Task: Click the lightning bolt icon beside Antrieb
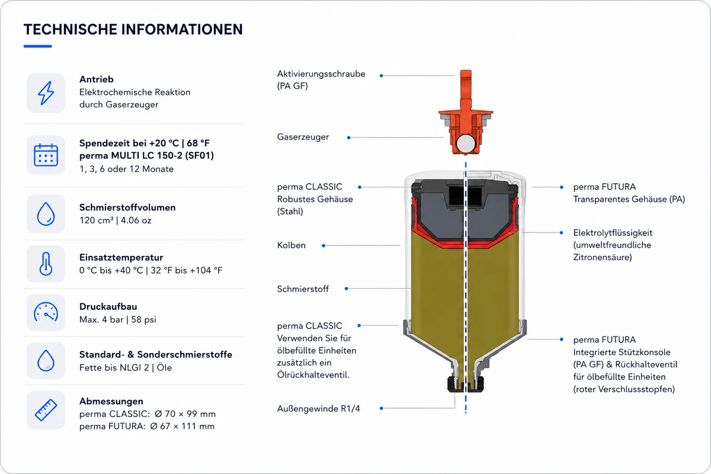click(46, 93)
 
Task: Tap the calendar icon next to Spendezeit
click(46, 155)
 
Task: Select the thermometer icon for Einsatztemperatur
click(46, 264)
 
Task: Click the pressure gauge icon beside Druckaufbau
click(46, 312)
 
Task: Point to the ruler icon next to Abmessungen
click(46, 410)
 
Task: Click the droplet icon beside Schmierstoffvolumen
click(46, 214)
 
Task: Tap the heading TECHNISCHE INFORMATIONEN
click(133, 29)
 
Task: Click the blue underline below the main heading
click(37, 46)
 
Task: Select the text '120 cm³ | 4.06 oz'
click(115, 220)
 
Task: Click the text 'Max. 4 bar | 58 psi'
click(118, 319)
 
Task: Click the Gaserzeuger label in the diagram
click(303, 137)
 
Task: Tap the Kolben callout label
click(291, 245)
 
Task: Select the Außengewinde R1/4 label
click(318, 408)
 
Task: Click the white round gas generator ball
click(466, 143)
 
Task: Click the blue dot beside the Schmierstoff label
click(346, 289)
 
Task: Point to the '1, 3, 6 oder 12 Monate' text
click(126, 169)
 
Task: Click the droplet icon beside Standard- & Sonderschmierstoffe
click(46, 361)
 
